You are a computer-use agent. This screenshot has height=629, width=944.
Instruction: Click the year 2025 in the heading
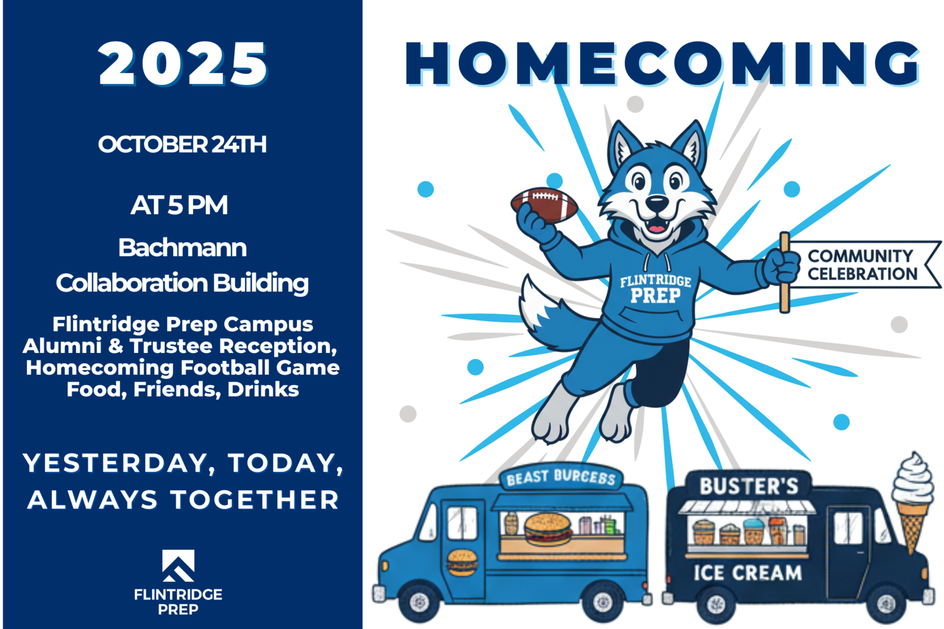coord(183,64)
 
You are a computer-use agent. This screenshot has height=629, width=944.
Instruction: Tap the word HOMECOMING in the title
coord(662,64)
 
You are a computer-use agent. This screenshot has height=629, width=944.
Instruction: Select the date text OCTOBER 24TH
coord(182,145)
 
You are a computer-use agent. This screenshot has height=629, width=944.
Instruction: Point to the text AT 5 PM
coord(179,205)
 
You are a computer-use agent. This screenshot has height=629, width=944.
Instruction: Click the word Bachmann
coord(182,247)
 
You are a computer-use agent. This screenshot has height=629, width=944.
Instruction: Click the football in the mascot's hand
coord(544,205)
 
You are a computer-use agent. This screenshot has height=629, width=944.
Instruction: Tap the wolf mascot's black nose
coord(657,205)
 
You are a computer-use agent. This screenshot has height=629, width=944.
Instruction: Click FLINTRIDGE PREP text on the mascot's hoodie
coord(655,289)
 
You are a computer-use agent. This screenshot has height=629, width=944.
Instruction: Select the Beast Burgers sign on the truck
coord(561,478)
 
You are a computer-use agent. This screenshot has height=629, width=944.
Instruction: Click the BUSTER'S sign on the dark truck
coord(749,486)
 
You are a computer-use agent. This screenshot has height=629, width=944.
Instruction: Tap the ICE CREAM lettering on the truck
coord(748,573)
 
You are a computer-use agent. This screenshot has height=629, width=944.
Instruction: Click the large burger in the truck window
coord(548,529)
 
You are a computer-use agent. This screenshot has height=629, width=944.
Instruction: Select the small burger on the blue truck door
coord(463,563)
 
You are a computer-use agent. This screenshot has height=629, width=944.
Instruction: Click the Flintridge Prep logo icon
coord(178,566)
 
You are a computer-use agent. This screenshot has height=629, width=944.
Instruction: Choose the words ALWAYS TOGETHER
coord(183,500)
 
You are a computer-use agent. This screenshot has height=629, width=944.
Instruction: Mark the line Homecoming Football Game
coord(182,368)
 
